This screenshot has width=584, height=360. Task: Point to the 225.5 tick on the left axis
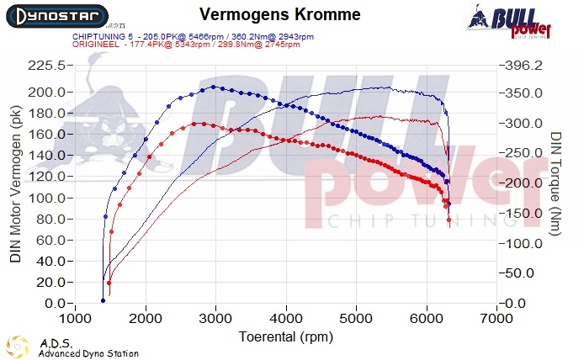tap(47, 66)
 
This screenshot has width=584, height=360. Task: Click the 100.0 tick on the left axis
tap(47, 198)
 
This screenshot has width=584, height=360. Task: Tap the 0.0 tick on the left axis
tap(56, 304)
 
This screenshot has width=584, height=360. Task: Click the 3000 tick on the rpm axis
tap(216, 319)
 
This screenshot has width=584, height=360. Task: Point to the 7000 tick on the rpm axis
tap(496, 319)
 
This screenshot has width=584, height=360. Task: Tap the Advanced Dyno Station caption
tap(88, 353)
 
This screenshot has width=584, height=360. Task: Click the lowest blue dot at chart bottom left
tap(103, 300)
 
